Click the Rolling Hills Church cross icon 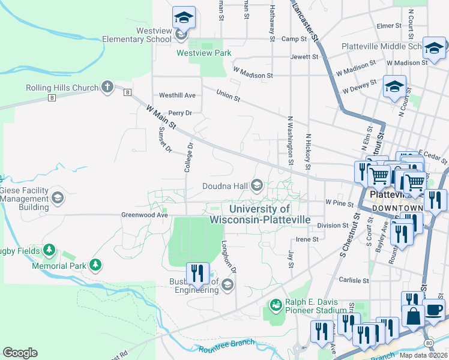[x=107, y=87]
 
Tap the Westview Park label [x=203, y=53]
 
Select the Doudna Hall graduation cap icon [x=257, y=185]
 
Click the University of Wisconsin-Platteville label [x=260, y=214]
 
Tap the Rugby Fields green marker [x=49, y=250]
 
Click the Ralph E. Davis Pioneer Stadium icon [x=276, y=306]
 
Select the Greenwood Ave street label [x=144, y=214]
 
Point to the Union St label [x=228, y=95]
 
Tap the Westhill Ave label [x=177, y=95]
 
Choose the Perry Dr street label [x=179, y=113]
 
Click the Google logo [x=20, y=353]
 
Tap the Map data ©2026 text [x=423, y=355]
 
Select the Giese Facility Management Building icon [x=58, y=197]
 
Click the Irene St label [x=307, y=239]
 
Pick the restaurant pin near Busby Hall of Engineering [x=197, y=274]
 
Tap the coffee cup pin [x=434, y=311]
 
